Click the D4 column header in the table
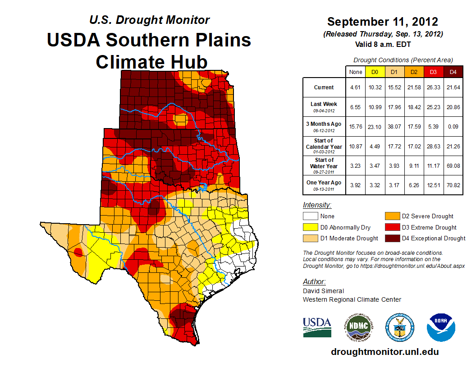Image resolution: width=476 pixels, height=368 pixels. pyautogui.click(x=453, y=72)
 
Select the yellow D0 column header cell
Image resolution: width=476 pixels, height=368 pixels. pyautogui.click(x=375, y=72)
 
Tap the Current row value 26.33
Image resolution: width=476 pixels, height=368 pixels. pyautogui.click(x=434, y=87)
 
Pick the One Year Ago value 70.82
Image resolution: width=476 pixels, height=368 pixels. pyautogui.click(x=453, y=183)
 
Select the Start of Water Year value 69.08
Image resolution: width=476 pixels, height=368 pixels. pyautogui.click(x=453, y=164)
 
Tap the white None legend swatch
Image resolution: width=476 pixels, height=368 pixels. pyautogui.click(x=310, y=216)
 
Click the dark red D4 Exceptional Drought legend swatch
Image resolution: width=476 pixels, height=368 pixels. pyautogui.click(x=392, y=238)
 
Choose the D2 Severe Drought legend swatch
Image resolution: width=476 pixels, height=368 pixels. pyautogui.click(x=392, y=216)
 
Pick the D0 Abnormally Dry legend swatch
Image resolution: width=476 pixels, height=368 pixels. pyautogui.click(x=310, y=227)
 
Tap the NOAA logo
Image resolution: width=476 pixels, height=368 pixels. pyautogui.click(x=441, y=327)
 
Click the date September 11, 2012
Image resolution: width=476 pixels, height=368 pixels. pyautogui.click(x=383, y=22)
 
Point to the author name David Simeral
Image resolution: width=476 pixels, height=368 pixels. pyautogui.click(x=323, y=291)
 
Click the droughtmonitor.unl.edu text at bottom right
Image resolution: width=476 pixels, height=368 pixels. pyautogui.click(x=384, y=352)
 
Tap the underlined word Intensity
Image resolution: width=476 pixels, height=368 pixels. pyautogui.click(x=317, y=205)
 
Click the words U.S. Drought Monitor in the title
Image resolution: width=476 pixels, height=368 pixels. pyautogui.click(x=149, y=20)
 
